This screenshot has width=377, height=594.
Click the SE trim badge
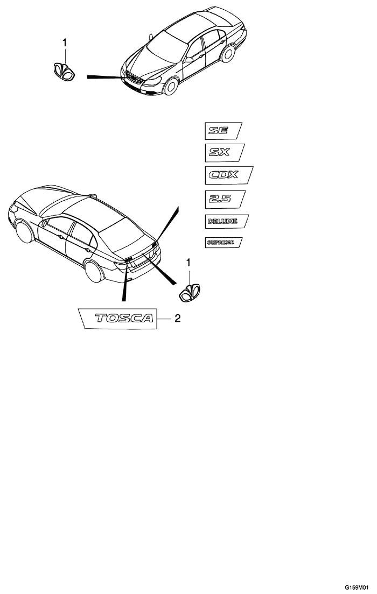tap(223, 131)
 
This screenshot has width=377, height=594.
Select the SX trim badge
tap(225, 152)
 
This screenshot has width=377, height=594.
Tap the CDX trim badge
tap(229, 175)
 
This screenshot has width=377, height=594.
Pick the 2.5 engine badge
tap(225, 199)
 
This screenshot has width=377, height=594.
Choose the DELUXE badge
tap(226, 221)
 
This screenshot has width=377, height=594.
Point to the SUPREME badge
tap(224, 243)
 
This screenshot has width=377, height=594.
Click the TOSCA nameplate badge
tap(117, 318)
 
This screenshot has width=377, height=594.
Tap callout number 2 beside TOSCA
tap(178, 319)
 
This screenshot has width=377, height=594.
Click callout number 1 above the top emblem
tap(65, 43)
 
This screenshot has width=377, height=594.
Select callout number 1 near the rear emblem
tap(188, 263)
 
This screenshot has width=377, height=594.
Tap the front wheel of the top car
tap(171, 87)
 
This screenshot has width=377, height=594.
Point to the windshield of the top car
tap(167, 47)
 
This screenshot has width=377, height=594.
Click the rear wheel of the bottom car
tap(93, 271)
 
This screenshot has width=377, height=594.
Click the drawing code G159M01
tap(357, 588)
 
